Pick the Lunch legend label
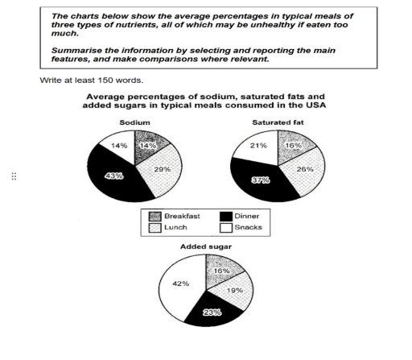click(x=179, y=230)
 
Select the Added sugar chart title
click(x=207, y=247)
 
